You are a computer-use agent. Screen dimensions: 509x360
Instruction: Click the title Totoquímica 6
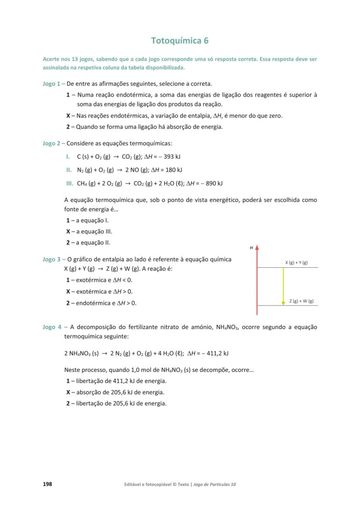pyautogui.click(x=180, y=41)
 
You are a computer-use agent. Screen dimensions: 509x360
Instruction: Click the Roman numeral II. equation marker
pyautogui.click(x=69, y=170)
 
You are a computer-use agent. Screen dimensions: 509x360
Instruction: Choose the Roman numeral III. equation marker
pyautogui.click(x=69, y=183)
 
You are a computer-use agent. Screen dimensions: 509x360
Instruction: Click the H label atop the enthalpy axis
pyautogui.click(x=251, y=248)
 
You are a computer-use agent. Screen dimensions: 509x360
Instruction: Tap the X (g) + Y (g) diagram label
pyautogui.click(x=297, y=263)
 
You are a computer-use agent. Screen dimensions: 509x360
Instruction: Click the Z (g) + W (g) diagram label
pyautogui.click(x=301, y=301)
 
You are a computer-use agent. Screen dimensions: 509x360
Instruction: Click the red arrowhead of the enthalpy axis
pyautogui.click(x=257, y=247)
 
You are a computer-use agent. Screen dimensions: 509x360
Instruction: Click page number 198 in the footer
pyautogui.click(x=47, y=484)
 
